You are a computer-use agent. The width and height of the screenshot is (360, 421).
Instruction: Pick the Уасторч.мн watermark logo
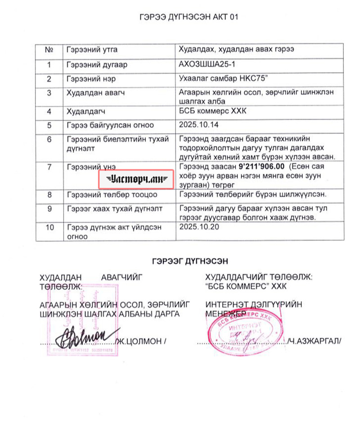[136, 179]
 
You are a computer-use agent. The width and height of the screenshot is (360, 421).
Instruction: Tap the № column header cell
[49, 49]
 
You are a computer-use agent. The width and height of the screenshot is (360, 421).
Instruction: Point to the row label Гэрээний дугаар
[96, 64]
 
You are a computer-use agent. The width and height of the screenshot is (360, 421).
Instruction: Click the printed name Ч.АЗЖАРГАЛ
[315, 341]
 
